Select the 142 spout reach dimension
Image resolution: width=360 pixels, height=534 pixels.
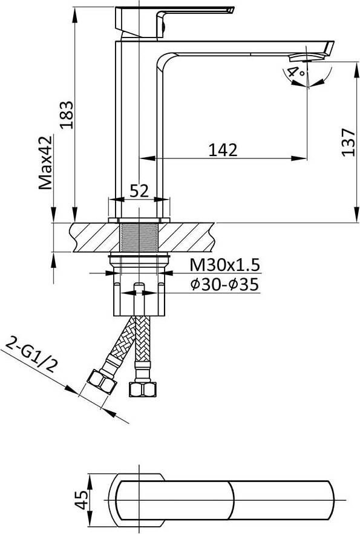(223, 150)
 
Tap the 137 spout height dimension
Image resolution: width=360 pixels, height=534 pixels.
(348, 142)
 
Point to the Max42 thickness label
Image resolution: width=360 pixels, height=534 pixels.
(45, 163)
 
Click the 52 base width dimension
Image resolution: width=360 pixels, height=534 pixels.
(139, 190)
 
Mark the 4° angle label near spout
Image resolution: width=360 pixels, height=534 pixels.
(295, 73)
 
